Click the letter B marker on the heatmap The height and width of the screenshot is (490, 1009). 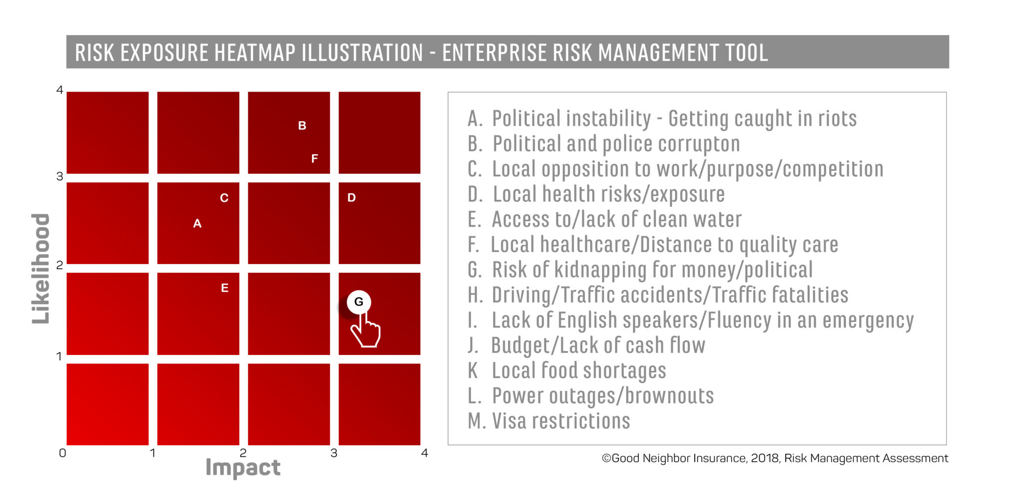pos(302,126)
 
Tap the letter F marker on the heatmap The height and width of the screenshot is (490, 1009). pos(314,159)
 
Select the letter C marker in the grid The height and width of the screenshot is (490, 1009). pos(224,198)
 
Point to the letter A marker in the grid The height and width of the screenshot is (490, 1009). pos(197,224)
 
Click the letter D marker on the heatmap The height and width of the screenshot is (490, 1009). pos(351,198)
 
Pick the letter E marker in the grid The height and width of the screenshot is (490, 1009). pos(225,288)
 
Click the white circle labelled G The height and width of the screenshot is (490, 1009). pos(359,302)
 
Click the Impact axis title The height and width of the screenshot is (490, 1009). pos(243,467)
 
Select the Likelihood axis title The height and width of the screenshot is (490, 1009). pos(41,268)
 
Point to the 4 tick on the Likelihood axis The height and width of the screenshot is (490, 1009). pos(60,90)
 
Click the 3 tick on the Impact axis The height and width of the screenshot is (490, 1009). pos(334,454)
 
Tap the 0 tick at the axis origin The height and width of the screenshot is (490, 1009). pos(62,453)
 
